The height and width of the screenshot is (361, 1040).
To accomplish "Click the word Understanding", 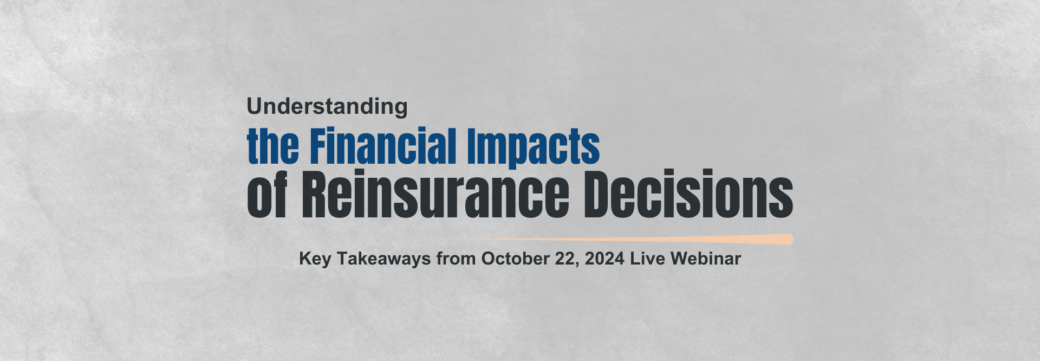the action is (x=327, y=107).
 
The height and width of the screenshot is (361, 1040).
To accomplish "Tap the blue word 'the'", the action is (x=273, y=146).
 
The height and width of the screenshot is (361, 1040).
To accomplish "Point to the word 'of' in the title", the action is (x=267, y=194).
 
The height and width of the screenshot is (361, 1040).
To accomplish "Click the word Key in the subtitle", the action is (x=315, y=259).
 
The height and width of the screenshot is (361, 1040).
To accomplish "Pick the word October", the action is (x=515, y=259).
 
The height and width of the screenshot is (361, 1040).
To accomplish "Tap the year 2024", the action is (x=604, y=259).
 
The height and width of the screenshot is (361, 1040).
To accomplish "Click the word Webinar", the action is (x=706, y=259).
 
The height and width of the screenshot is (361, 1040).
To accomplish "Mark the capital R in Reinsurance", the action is (x=315, y=194).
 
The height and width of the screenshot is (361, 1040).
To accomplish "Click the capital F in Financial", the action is (x=319, y=146).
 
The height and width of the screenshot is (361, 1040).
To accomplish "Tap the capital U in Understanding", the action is (x=255, y=106).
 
